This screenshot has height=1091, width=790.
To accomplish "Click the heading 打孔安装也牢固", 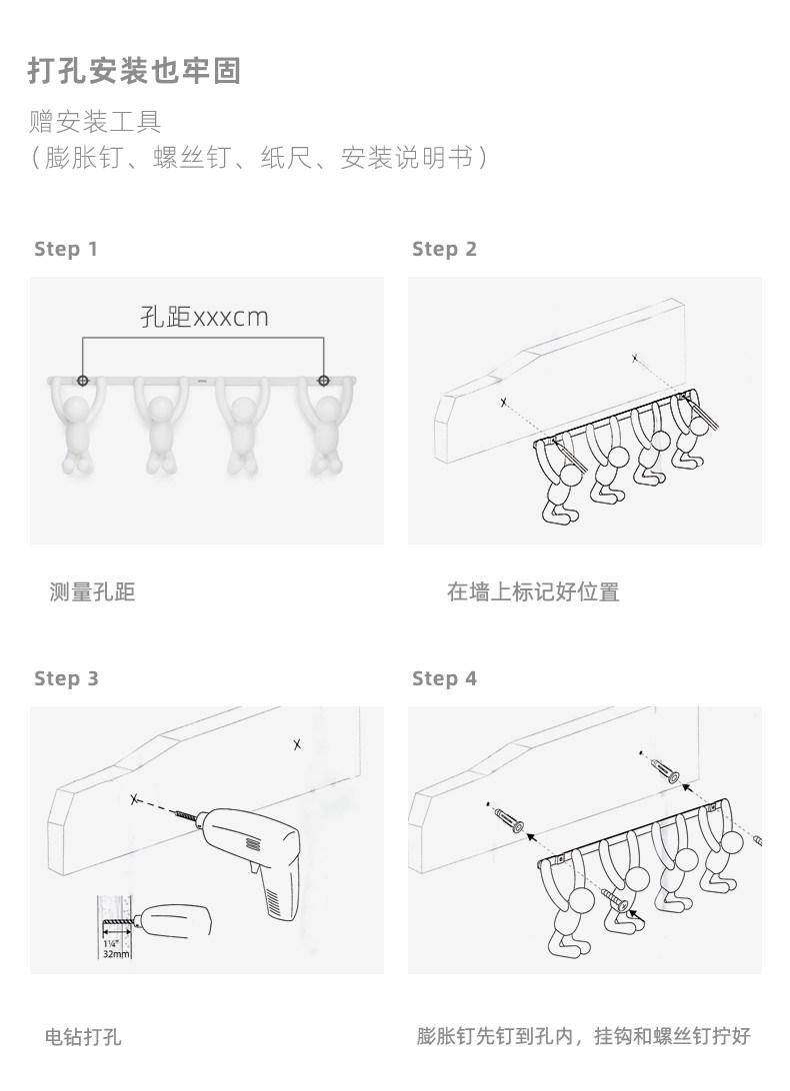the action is click(x=135, y=72).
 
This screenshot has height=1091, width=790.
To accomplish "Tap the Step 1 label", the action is click(x=66, y=249).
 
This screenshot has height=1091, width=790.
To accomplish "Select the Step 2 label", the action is click(x=444, y=249).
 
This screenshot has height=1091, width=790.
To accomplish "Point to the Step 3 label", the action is click(x=66, y=678).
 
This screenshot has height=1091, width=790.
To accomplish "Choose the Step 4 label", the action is click(x=444, y=678).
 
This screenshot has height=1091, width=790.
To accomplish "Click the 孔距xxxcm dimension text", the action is click(x=204, y=318).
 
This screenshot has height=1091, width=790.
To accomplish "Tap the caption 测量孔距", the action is click(x=92, y=591).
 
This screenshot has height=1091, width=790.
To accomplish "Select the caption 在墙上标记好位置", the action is click(x=533, y=591).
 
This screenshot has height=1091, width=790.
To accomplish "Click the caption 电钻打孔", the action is click(x=84, y=1036).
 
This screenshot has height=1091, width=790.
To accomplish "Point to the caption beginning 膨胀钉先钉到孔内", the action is click(x=583, y=1036).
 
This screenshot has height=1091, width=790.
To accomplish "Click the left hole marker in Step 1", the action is click(x=83, y=380).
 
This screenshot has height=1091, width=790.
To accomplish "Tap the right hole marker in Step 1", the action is click(x=323, y=380).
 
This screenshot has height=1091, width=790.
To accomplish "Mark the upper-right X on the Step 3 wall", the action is click(x=297, y=744).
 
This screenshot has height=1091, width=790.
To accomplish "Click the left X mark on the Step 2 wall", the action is click(x=503, y=403).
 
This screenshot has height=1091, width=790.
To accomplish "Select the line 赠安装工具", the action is click(x=95, y=123).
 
